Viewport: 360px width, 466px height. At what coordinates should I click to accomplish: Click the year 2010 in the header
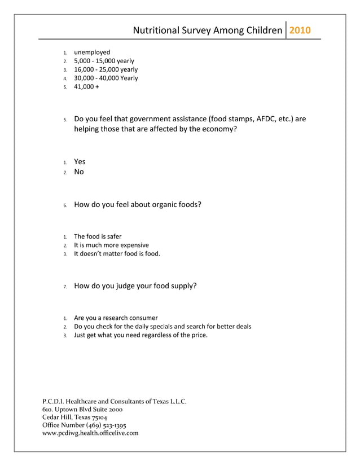(300, 30)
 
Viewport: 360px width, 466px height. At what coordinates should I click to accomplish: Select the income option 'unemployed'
(92, 52)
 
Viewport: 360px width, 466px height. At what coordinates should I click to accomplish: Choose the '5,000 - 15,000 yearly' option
(104, 61)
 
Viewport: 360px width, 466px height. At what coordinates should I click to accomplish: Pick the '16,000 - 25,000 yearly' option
(106, 69)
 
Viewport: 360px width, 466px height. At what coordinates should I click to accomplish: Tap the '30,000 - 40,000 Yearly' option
(106, 78)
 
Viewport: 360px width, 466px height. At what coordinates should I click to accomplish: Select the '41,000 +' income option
(86, 87)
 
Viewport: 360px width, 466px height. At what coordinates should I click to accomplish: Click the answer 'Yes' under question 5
(80, 162)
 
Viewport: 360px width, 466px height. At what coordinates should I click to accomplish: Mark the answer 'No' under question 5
(79, 172)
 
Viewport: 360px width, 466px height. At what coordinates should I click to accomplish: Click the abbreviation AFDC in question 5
(266, 119)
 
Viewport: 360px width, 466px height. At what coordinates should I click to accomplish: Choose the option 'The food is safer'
(98, 236)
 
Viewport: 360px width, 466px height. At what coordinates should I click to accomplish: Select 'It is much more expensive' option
(111, 245)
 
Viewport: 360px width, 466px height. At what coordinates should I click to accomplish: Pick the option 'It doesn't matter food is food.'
(117, 254)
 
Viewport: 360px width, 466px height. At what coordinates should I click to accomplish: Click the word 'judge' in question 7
(127, 286)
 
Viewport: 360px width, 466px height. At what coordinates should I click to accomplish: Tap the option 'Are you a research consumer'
(116, 318)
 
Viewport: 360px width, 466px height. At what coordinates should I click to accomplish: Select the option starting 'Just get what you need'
(141, 335)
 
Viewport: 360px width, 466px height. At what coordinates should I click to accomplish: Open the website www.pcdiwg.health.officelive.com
(90, 433)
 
